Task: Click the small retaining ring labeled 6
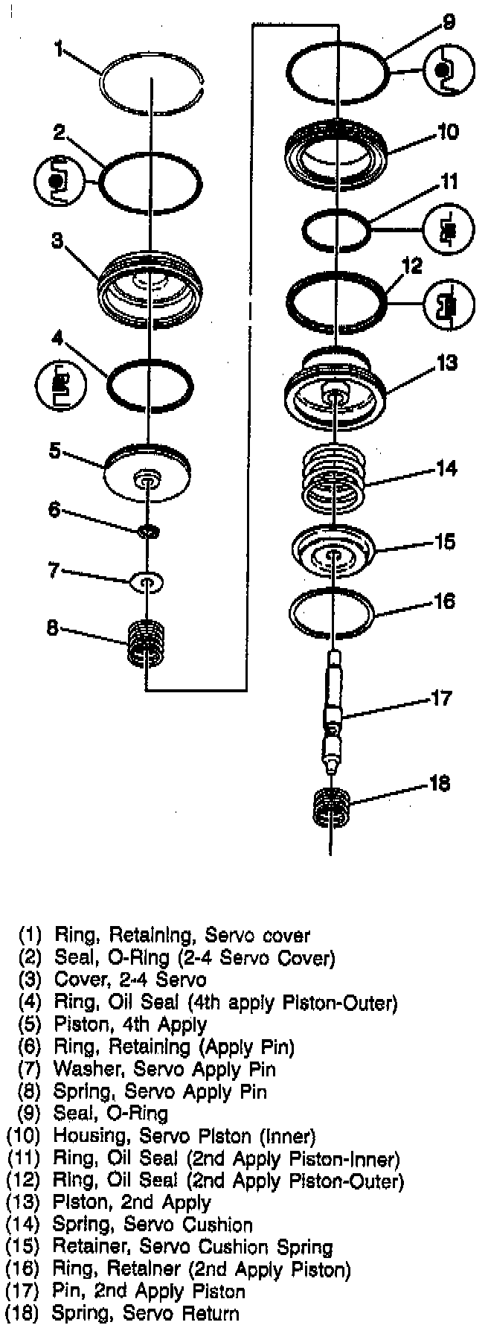[x=149, y=530]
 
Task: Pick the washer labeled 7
[x=147, y=581]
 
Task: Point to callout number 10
[x=448, y=133]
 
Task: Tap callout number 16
[x=444, y=600]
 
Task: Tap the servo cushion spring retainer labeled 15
[x=332, y=552]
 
